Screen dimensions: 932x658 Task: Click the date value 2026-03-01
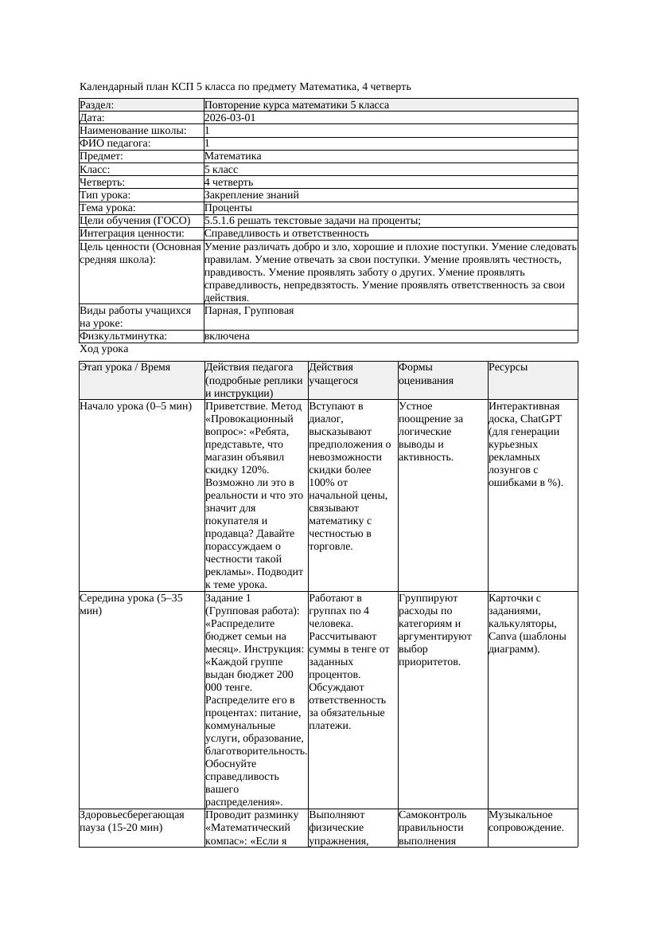pos(230,118)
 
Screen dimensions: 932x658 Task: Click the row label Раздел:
pos(97,105)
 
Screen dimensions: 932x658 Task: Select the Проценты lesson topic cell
pos(228,208)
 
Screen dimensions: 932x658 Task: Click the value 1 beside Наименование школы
pos(208,131)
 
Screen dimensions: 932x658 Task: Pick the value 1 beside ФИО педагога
pos(208,143)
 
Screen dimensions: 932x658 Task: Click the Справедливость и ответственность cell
pos(286,233)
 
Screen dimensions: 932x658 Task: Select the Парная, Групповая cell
pos(249,311)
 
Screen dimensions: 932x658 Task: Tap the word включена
pos(227,336)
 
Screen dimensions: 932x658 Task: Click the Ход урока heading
pos(104,349)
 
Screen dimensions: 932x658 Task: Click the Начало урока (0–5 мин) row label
pos(136,406)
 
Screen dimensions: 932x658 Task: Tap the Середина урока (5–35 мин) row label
pos(131,604)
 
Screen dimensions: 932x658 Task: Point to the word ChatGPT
pos(541,419)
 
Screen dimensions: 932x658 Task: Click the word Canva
pos(503,636)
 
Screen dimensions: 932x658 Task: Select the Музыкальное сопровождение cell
pos(527,820)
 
